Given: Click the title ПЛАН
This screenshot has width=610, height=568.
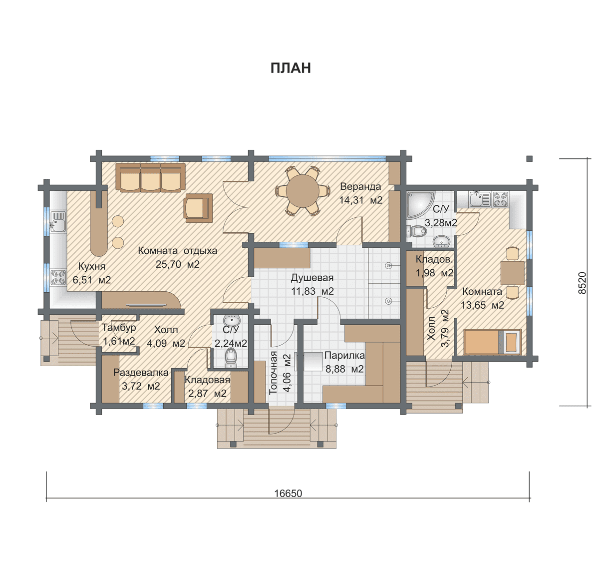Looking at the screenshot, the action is pos(291,68).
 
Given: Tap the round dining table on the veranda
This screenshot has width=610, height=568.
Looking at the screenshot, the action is pos(303,191).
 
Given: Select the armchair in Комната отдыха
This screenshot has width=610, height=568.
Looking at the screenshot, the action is pos(198,208).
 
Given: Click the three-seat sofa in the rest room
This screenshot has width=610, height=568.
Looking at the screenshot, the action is pos(151,178).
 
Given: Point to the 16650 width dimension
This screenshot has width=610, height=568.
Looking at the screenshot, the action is pos(288,493).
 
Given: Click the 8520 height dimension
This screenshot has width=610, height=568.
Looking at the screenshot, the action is pos(582,283).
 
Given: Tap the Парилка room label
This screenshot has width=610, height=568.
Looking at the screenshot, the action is pos(344,356).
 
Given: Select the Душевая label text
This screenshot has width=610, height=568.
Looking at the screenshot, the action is pos(312,278).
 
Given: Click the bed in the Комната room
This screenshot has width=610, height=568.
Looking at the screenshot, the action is pos(493,342).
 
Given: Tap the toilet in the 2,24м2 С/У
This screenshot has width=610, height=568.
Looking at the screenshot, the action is pos(231,357).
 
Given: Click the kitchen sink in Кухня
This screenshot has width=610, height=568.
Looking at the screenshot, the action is pos(58,221).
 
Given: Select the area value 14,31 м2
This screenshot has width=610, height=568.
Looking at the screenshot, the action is pos(361,200).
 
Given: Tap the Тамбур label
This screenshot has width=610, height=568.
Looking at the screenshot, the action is pos(119,328).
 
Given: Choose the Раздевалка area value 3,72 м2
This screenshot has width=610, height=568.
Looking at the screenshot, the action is pos(141,386).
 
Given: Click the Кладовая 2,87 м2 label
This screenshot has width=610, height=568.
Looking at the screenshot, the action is pos(207,387).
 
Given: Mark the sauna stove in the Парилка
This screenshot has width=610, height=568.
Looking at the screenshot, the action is pos(311,362).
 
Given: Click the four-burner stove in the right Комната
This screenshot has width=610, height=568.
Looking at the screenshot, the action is pos(501,199).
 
